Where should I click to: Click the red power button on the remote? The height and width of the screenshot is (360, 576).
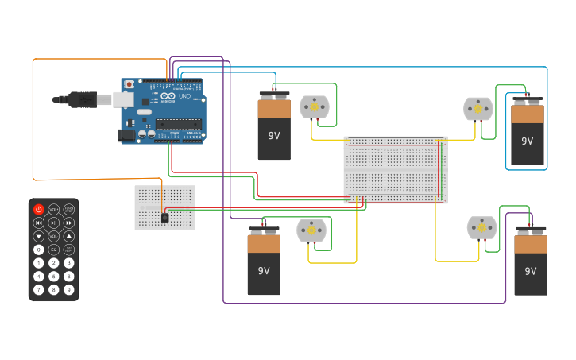tap(38, 209)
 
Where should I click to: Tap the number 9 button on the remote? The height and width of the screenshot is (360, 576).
tap(69, 290)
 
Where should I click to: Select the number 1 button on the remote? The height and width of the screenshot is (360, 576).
tap(38, 263)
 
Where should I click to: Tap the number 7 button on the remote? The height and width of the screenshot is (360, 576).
tap(38, 290)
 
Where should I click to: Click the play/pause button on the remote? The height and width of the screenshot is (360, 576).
tap(53, 223)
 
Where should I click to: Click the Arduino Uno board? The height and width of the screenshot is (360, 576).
tap(163, 111)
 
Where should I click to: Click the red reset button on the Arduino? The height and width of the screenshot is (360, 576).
tap(130, 84)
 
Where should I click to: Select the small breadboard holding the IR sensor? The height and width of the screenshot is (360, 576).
tap(164, 207)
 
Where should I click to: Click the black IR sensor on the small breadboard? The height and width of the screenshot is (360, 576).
tap(164, 217)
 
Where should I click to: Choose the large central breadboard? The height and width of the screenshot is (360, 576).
tap(395, 169)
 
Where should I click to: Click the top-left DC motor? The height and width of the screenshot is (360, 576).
tap(314, 106)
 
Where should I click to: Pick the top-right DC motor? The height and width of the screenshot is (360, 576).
tap(478, 109)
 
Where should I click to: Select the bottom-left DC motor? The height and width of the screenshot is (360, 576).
tap(311, 230)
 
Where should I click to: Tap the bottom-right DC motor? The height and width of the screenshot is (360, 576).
tap(481, 227)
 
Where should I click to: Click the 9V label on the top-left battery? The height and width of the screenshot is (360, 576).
tap(274, 136)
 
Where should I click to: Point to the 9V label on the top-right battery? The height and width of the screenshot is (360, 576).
tap(527, 141)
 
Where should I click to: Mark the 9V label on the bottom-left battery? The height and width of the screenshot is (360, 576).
tap(263, 270)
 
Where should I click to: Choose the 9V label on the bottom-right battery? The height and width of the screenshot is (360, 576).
tap(530, 271)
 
